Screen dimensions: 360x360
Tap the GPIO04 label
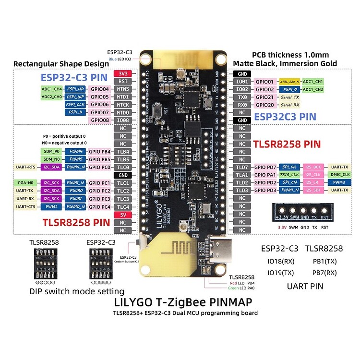pos(100,89)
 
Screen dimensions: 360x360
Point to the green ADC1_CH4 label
pos(51,89)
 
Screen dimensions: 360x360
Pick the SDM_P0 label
pos(51,152)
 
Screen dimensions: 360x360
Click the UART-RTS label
pos(25,167)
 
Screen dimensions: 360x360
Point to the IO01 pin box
pos(242,82)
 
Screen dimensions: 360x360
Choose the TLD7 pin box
pos(242,167)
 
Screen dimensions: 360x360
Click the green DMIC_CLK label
pos(339,175)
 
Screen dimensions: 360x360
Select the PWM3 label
pos(339,183)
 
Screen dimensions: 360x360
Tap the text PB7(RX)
pos(324,273)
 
